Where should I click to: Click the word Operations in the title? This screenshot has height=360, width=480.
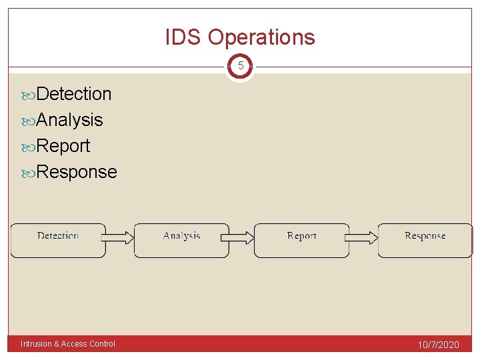261,37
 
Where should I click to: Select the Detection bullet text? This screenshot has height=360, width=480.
74,94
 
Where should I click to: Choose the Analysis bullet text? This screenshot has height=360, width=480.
69,120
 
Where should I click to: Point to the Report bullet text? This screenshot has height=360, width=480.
63,146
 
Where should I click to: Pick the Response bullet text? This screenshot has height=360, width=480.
77,172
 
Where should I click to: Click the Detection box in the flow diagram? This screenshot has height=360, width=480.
58,240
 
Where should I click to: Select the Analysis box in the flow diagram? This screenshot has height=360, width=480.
181,240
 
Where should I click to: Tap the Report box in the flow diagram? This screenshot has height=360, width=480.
301,240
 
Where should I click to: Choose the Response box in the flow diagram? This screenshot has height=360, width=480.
425,240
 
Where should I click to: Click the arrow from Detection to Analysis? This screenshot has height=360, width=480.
120,237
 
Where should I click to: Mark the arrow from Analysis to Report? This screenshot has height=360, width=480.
241,237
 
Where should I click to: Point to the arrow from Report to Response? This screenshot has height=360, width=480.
363,237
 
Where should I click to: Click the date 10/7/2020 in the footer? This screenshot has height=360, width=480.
438,345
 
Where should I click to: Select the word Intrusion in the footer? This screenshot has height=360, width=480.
35,344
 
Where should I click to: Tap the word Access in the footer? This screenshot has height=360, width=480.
74,344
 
